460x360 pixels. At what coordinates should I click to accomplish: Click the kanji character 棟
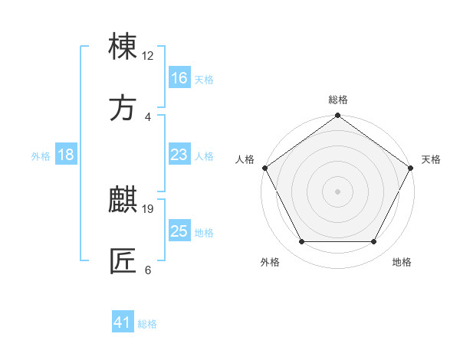pyautogui.click(x=123, y=47)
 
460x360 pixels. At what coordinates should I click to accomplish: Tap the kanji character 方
pyautogui.click(x=123, y=109)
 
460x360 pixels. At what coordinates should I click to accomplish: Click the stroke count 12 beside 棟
pyautogui.click(x=148, y=55)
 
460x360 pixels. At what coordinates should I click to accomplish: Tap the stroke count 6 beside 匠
pyautogui.click(x=148, y=269)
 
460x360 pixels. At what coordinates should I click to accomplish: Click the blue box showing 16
pyautogui.click(x=179, y=78)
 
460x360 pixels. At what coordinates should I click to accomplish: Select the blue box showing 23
pyautogui.click(x=179, y=155)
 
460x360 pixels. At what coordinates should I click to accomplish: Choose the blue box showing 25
pyautogui.click(x=179, y=231)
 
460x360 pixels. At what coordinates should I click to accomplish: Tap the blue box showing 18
pyautogui.click(x=66, y=155)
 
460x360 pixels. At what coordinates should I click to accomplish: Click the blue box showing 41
pyautogui.click(x=123, y=322)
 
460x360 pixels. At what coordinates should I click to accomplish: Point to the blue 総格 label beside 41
pyautogui.click(x=147, y=324)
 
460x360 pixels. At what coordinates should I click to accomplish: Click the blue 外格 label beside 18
pyautogui.click(x=41, y=156)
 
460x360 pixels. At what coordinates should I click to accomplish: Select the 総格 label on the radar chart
pyautogui.click(x=338, y=100)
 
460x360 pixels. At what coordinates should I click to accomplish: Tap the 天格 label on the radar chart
pyautogui.click(x=431, y=159)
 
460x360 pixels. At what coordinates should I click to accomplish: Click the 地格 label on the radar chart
pyautogui.click(x=402, y=262)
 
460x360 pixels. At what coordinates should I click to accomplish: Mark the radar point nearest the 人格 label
pyautogui.click(x=264, y=168)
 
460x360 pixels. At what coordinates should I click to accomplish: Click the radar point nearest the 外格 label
pyautogui.click(x=301, y=242)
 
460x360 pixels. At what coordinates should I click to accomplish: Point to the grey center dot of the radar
pyautogui.click(x=338, y=191)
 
